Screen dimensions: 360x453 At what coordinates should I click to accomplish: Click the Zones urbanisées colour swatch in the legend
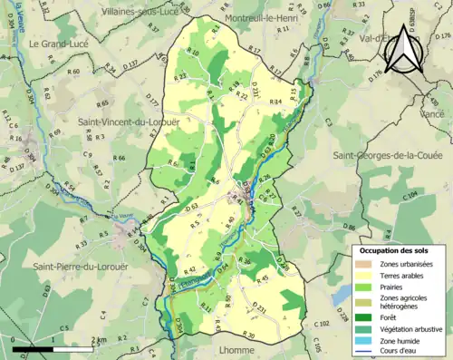click(342, 264)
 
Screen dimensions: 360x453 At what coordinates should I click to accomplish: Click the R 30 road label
click(250, 336)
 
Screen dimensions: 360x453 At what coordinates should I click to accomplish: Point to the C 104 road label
click(410, 194)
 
